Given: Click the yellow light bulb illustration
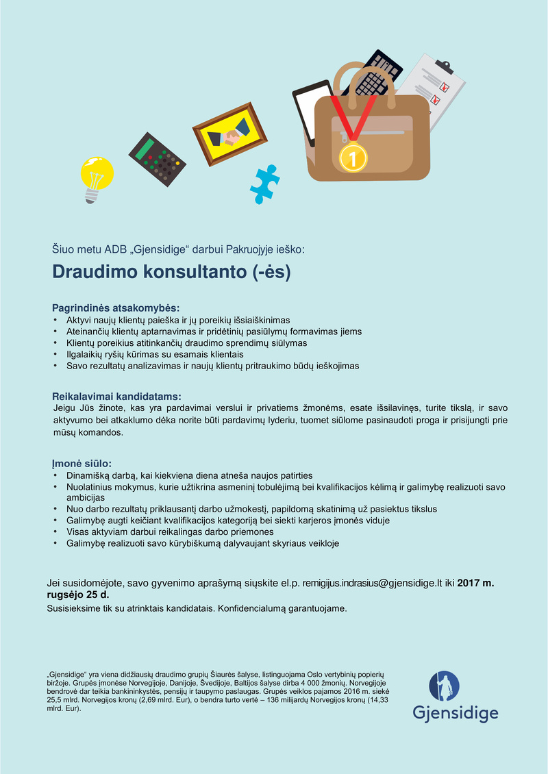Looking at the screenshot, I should (96, 177).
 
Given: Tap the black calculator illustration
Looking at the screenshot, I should (157, 158).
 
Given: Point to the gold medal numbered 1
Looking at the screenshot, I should (353, 157).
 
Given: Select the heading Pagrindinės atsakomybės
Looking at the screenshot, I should (116, 308).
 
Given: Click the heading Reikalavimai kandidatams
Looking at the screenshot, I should (117, 396).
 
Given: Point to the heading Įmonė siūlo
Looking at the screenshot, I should (82, 463).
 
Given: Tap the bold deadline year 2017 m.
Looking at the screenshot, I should (475, 583).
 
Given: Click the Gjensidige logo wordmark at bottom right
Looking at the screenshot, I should (455, 713).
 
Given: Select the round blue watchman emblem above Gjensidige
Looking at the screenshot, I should (445, 686).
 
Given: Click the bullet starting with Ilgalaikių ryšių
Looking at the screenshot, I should (155, 354).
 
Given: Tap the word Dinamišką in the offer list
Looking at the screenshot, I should (90, 475).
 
